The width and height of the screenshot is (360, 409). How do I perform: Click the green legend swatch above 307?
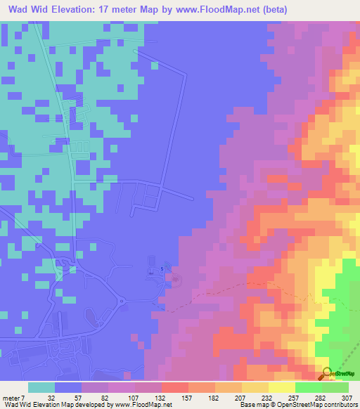tap(335, 387)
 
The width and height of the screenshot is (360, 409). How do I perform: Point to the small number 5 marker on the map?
tap(163, 268)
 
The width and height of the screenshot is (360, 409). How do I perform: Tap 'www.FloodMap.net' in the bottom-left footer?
tap(138, 405)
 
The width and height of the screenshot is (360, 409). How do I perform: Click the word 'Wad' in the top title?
tap(18, 8)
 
